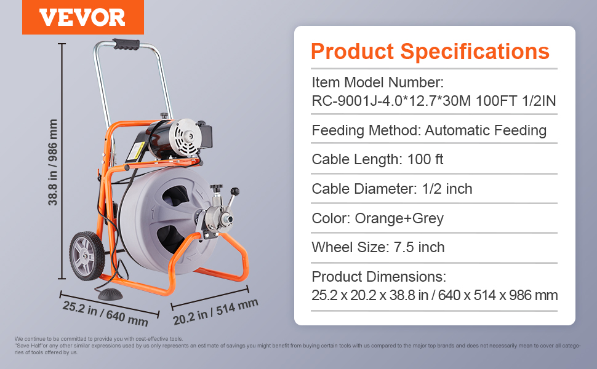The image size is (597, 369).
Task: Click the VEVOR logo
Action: pyautogui.click(x=82, y=17)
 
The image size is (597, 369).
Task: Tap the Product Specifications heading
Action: pyautogui.click(x=430, y=51)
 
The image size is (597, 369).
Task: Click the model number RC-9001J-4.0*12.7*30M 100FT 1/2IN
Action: pyautogui.click(x=434, y=101)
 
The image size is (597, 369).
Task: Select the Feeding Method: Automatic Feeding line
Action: pyautogui.click(x=429, y=130)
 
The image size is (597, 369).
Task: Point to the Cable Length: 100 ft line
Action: pyautogui.click(x=377, y=159)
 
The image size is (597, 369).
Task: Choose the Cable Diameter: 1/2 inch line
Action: pyautogui.click(x=392, y=189)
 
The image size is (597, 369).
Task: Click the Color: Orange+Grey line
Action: pyautogui.click(x=378, y=218)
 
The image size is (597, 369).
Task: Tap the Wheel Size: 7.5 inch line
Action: pyautogui.click(x=378, y=247)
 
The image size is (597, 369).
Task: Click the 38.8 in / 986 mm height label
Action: pyautogui.click(x=52, y=162)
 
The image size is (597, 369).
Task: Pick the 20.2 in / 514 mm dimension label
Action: pyautogui.click(x=215, y=312)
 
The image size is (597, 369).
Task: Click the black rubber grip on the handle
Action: pyautogui.click(x=126, y=44)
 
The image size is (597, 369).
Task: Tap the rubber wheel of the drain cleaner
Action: pyautogui.click(x=87, y=256)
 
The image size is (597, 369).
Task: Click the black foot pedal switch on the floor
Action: pyautogui.click(x=110, y=294)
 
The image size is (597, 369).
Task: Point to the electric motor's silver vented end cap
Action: pyautogui.click(x=185, y=138)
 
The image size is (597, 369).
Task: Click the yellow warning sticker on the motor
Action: pyautogui.click(x=135, y=151)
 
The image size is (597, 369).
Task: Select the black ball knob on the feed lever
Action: pyautogui.click(x=235, y=191)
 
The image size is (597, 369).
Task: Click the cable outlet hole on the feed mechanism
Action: pyautogui.click(x=229, y=219)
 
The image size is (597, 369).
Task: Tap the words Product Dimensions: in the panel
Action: pyautogui.click(x=379, y=277)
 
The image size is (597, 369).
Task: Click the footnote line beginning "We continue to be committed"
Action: pyautogui.click(x=98, y=339)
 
